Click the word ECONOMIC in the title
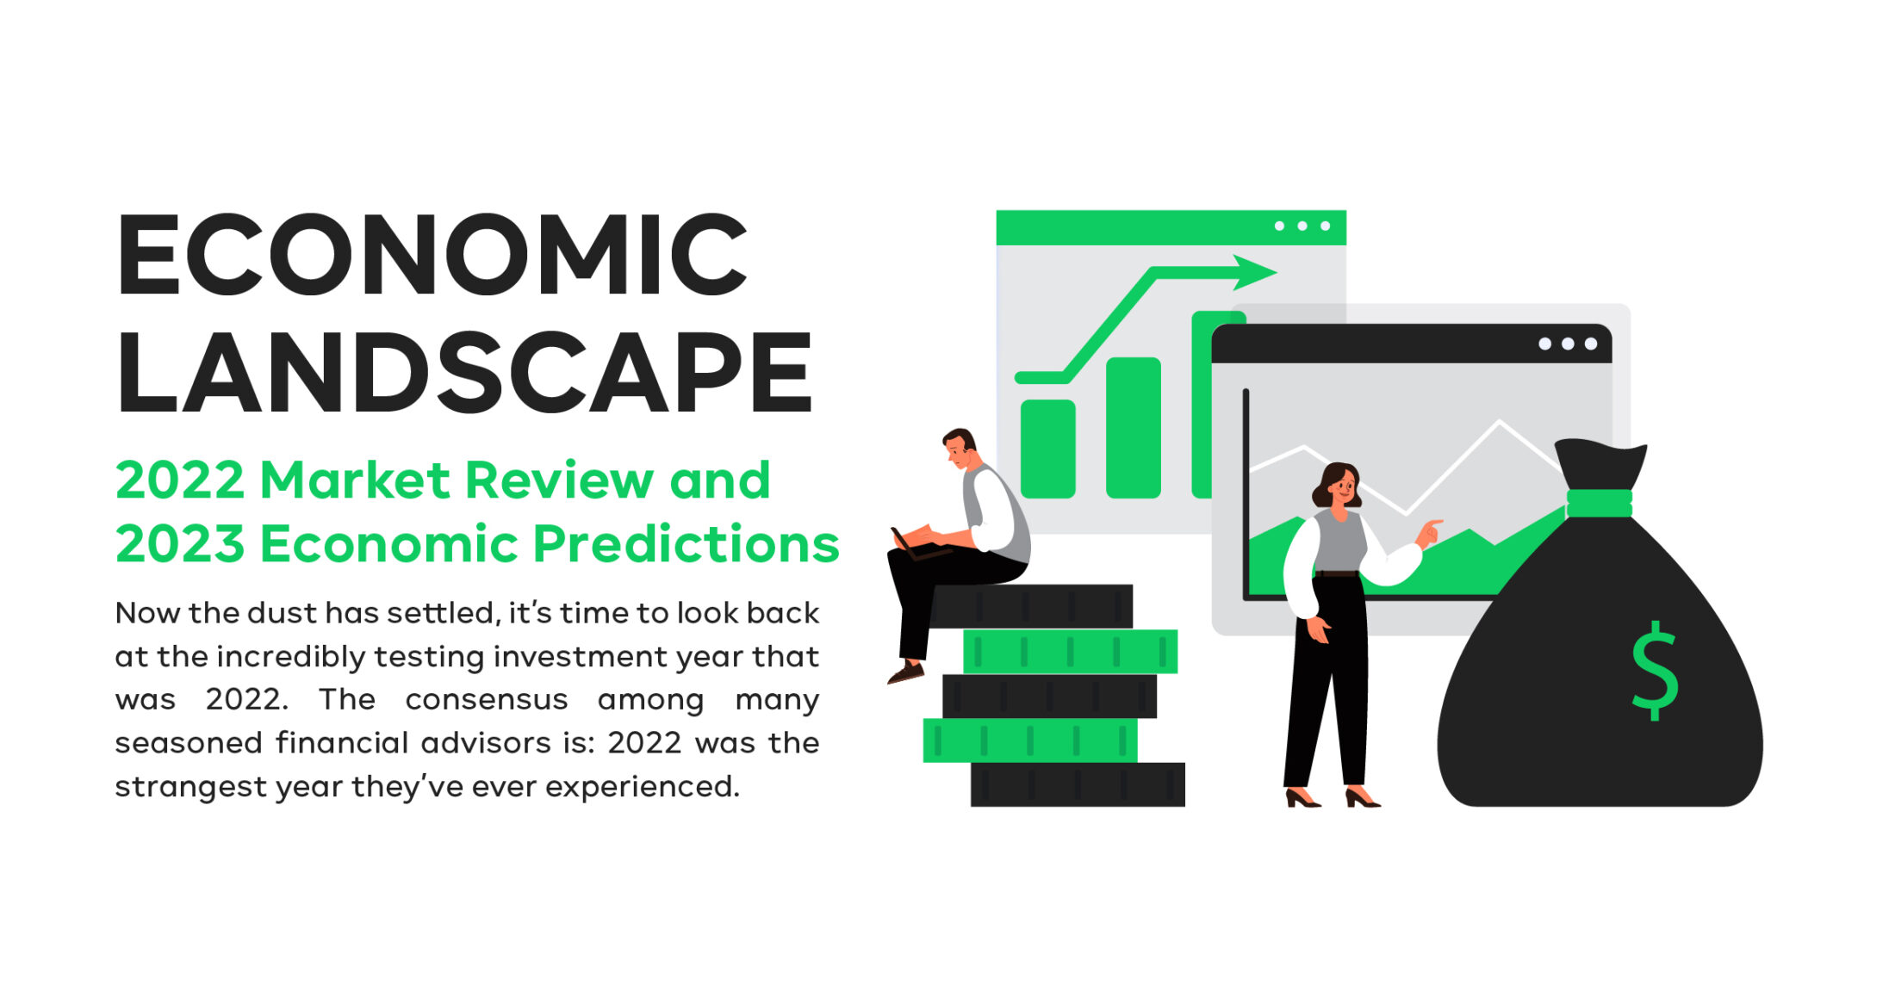pos(432,255)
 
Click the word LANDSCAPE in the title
pos(464,373)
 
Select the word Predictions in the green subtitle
pos(686,544)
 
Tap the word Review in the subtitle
pos(558,480)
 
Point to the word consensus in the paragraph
pos(486,700)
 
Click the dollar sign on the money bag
pos(1655,671)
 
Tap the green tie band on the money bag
pos(1599,503)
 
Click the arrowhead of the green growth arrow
pos(1253,272)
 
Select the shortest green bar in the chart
pos(1047,449)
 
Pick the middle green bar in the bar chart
pos(1133,428)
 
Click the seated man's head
pos(959,448)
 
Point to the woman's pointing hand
pos(1429,532)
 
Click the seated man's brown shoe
pos(905,672)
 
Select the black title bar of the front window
pos(1411,344)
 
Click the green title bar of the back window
pos(1171,227)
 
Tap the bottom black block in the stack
pos(1078,784)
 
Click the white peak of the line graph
pos(1500,422)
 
